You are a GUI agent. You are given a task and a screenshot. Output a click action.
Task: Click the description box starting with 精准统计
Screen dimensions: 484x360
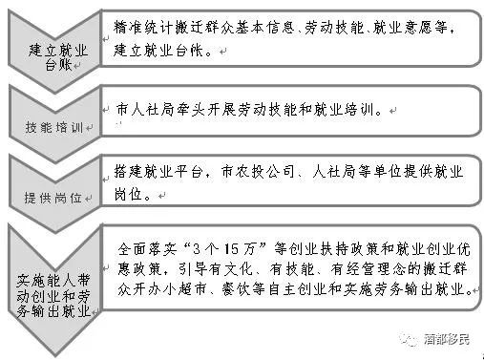pyautogui.click(x=286, y=39)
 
